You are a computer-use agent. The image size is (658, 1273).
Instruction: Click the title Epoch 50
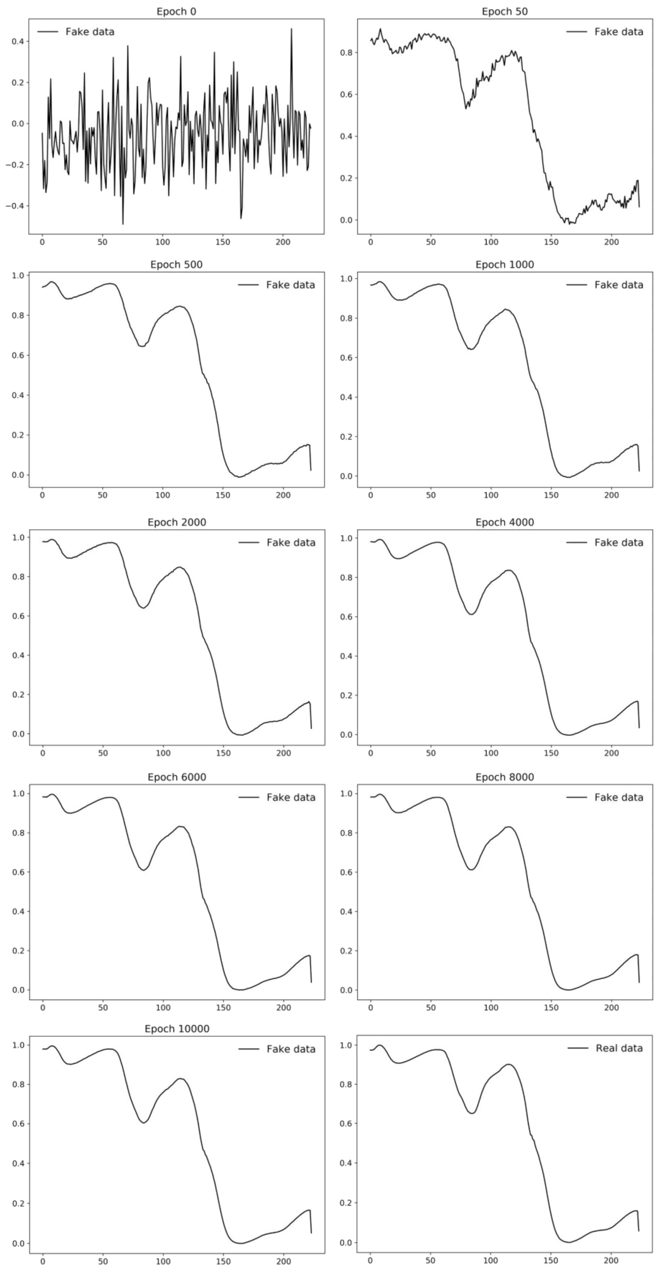(504, 11)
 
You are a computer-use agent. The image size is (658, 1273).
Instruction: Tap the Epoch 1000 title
(504, 264)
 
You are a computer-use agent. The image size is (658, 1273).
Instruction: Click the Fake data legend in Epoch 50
(618, 32)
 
